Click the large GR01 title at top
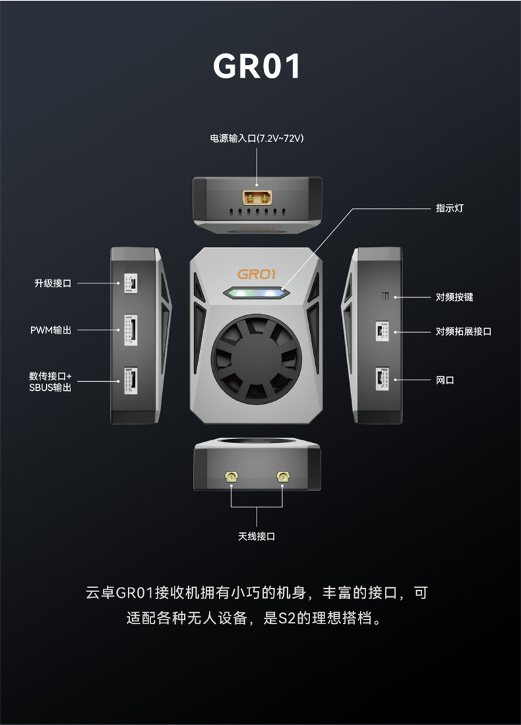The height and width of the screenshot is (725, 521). [257, 66]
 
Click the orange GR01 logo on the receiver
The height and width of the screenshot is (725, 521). [257, 274]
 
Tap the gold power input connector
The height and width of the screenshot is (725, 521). [257, 198]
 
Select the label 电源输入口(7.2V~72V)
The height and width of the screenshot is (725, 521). [257, 138]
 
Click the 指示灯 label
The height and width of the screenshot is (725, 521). [449, 208]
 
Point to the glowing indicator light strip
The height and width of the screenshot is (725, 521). [256, 292]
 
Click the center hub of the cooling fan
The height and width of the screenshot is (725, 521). [257, 360]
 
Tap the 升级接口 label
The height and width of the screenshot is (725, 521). [53, 283]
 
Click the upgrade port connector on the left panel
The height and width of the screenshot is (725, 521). [130, 283]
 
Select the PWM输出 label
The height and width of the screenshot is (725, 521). [51, 330]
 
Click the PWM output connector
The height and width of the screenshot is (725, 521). [130, 330]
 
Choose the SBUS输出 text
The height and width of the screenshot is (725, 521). [50, 388]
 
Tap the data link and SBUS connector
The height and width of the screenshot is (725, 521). [130, 380]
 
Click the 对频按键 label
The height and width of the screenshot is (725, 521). [455, 297]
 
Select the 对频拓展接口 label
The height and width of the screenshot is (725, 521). [464, 332]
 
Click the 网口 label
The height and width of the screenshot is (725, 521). [445, 380]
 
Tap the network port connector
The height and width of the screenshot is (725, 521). [382, 379]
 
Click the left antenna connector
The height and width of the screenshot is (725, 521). [231, 476]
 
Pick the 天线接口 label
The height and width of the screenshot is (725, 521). [257, 536]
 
